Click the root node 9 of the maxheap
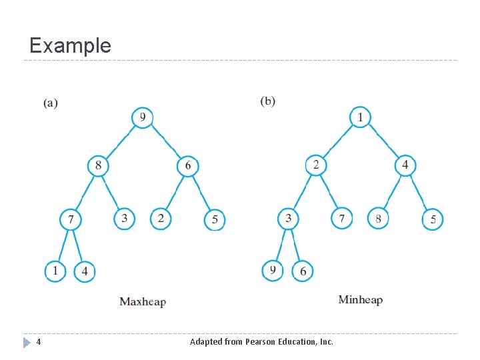[143, 118]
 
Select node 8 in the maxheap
[98, 165]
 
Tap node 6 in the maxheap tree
[188, 165]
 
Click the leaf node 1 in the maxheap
[55, 271]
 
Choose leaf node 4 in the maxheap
[85, 272]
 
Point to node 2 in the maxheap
[161, 218]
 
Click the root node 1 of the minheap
[360, 117]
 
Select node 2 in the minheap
[316, 165]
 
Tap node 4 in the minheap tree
[405, 165]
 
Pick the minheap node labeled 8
[378, 218]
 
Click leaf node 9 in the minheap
[273, 270]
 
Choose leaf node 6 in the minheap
[303, 271]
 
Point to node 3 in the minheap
[288, 218]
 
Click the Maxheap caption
[143, 302]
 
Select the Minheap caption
[361, 300]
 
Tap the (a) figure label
[51, 103]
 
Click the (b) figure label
[267, 101]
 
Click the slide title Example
[70, 45]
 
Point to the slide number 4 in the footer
[39, 342]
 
